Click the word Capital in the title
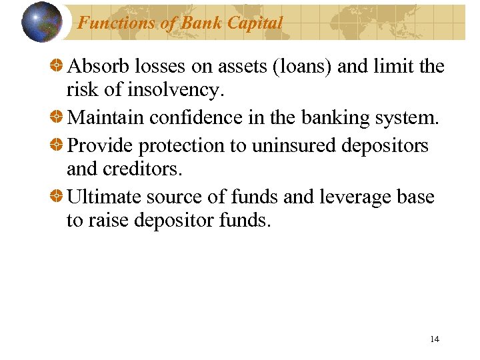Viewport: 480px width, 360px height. pyautogui.click(x=255, y=23)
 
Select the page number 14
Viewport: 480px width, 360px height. pyautogui.click(x=435, y=339)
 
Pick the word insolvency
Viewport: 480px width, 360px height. pyautogui.click(x=184, y=91)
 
